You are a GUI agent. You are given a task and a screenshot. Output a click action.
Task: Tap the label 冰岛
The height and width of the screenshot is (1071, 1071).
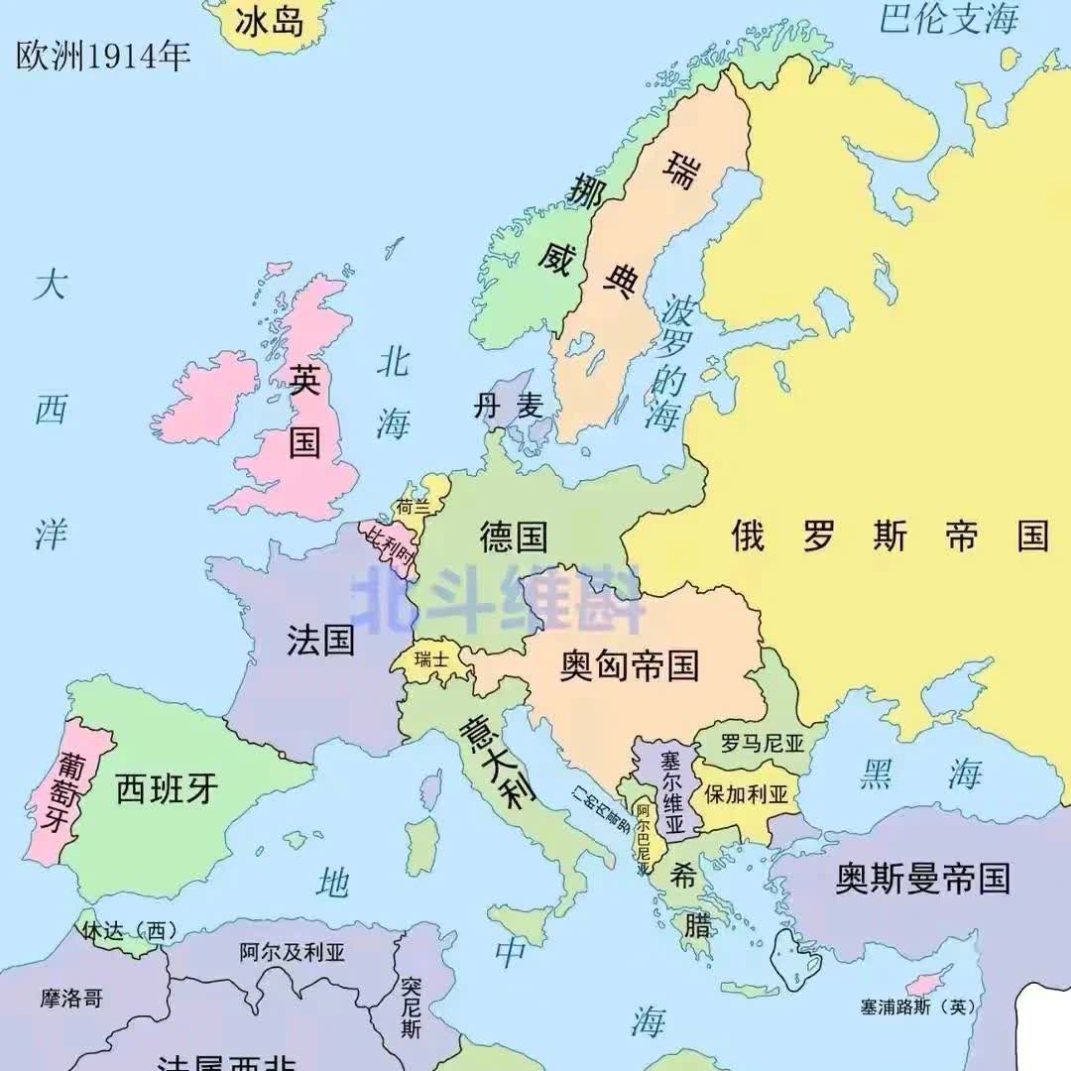(x=269, y=22)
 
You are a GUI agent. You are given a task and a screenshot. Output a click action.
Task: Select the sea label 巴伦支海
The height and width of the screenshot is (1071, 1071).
(x=949, y=19)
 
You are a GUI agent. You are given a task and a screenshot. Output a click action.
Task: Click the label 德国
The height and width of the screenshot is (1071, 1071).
(x=514, y=536)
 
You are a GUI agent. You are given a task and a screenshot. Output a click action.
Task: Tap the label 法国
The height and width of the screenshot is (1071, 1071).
(x=320, y=640)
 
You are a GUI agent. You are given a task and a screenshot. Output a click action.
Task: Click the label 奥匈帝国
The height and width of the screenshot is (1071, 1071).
(x=629, y=664)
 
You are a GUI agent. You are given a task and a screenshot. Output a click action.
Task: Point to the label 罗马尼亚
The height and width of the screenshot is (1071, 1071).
(x=761, y=742)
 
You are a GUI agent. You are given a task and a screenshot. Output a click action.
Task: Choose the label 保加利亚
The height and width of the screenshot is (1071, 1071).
(x=746, y=794)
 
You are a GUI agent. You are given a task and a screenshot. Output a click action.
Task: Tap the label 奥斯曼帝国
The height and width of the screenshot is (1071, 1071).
(x=922, y=879)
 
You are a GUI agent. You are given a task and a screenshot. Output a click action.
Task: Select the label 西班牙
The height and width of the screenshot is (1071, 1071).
(x=167, y=789)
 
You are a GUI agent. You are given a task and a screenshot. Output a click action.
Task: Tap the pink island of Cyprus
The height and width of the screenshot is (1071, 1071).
(x=927, y=983)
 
